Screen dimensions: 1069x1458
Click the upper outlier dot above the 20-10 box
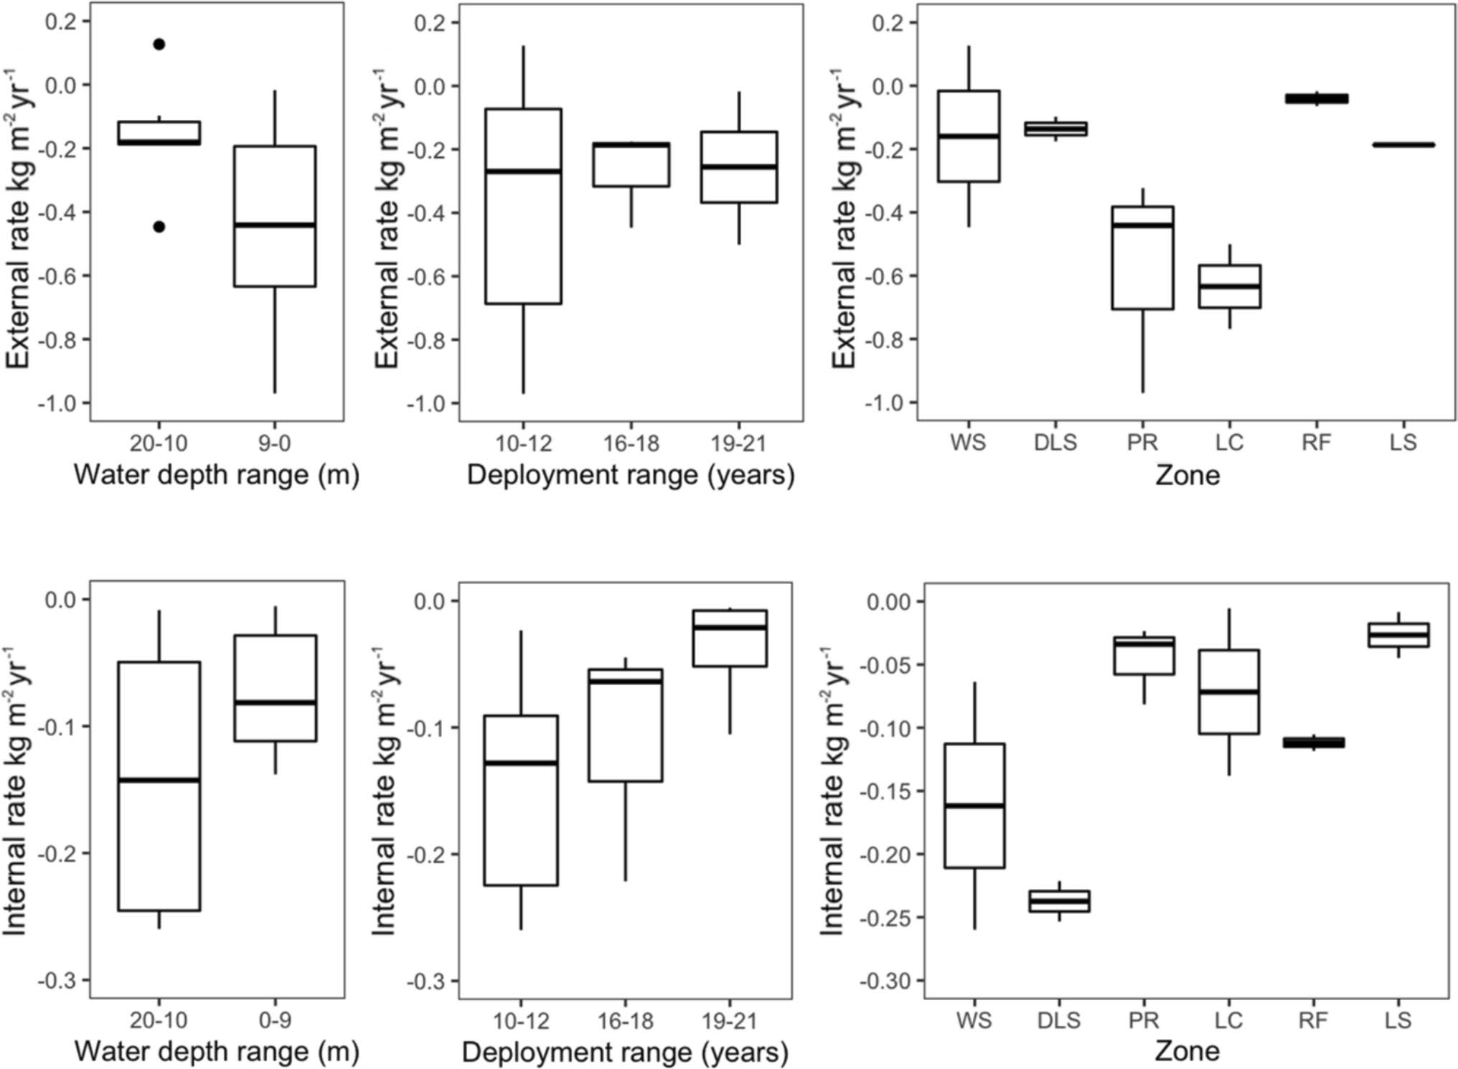[x=159, y=44]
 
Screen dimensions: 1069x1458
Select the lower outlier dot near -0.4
[x=159, y=227]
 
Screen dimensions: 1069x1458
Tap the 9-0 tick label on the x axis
[x=274, y=443]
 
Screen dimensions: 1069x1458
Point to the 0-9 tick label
[x=274, y=1020]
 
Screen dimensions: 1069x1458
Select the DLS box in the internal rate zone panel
[x=1059, y=901]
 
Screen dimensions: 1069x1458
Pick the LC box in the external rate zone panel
[x=1229, y=286]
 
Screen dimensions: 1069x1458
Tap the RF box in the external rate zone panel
[x=1316, y=98]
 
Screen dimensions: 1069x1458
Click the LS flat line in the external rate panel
[x=1403, y=145]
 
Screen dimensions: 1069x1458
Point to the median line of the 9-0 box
[x=274, y=225]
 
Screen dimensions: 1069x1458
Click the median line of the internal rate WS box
[x=974, y=806]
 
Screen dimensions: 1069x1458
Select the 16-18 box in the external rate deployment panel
[x=631, y=165]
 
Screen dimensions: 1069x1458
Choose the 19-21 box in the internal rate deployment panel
[x=730, y=639]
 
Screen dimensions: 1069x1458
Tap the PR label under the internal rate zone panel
[x=1144, y=1020]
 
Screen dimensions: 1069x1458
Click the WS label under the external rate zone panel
[x=968, y=443]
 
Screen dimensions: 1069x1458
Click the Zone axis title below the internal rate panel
[x=1187, y=1051]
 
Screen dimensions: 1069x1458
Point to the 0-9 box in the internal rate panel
[x=274, y=688]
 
